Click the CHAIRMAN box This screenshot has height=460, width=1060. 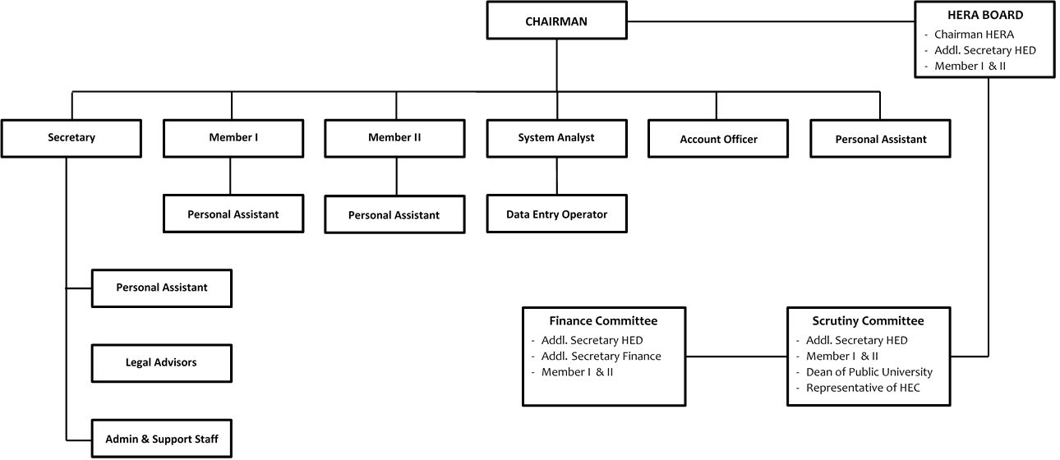click(x=556, y=21)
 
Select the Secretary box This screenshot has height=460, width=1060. click(x=71, y=138)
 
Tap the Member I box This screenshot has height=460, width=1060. click(x=233, y=138)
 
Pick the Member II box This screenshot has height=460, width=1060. click(x=394, y=138)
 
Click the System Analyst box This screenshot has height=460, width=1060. click(x=556, y=138)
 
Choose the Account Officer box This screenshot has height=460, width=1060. click(x=718, y=138)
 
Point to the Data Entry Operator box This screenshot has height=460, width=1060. click(x=556, y=214)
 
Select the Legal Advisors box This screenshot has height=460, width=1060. click(x=161, y=363)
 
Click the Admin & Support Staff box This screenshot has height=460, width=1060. click(x=161, y=438)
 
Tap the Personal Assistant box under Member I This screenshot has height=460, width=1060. click(x=233, y=214)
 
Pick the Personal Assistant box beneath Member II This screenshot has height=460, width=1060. click(x=394, y=214)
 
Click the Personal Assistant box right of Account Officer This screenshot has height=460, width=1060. click(x=880, y=138)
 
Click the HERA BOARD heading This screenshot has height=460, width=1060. click(x=985, y=15)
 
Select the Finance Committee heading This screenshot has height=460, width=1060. click(x=603, y=321)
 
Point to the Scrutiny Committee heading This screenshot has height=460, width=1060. click(x=868, y=321)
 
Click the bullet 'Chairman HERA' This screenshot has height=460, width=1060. click(x=974, y=34)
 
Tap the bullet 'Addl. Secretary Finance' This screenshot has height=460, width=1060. click(x=601, y=356)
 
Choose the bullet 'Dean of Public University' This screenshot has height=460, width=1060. click(x=869, y=372)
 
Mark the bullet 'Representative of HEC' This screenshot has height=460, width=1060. click(x=863, y=388)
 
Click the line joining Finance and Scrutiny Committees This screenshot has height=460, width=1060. click(x=736, y=356)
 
